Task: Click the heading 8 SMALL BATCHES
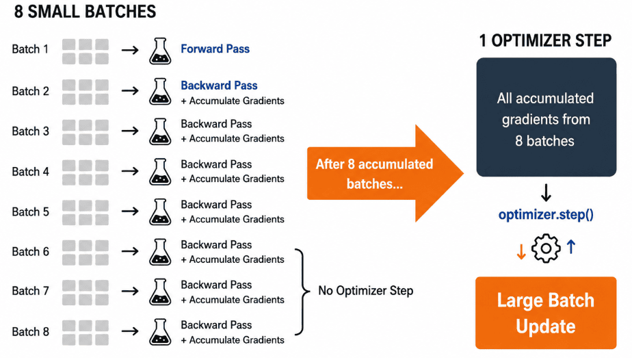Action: pyautogui.click(x=85, y=12)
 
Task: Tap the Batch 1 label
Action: pyautogui.click(x=30, y=49)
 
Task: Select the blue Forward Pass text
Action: pyautogui.click(x=215, y=49)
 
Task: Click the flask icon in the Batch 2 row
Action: pyautogui.click(x=160, y=92)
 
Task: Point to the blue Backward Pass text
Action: pyautogui.click(x=219, y=86)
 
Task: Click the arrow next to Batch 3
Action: pyautogui.click(x=130, y=131)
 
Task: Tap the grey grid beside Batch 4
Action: pyautogui.click(x=85, y=172)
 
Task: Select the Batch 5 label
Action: pyautogui.click(x=31, y=211)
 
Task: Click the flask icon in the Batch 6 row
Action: pyautogui.click(x=160, y=252)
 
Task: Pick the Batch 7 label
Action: pyautogui.click(x=31, y=291)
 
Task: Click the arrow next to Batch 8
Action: pyautogui.click(x=130, y=331)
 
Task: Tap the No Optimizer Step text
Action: pyautogui.click(x=365, y=291)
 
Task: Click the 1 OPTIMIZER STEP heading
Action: pyautogui.click(x=545, y=40)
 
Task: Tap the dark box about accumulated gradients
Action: pyautogui.click(x=546, y=117)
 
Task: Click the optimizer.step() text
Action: pyautogui.click(x=546, y=214)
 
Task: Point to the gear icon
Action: pyautogui.click(x=546, y=248)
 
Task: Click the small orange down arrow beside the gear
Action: pyautogui.click(x=521, y=252)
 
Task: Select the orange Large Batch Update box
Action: pyautogui.click(x=546, y=313)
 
